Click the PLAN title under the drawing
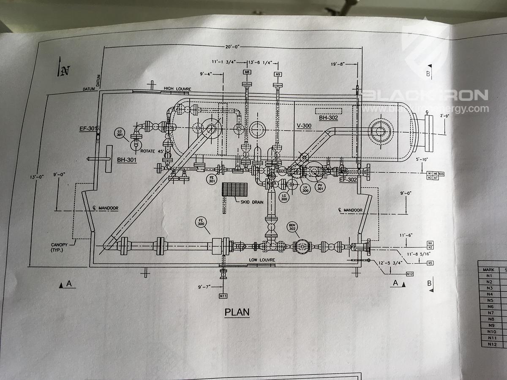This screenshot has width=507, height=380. coord(237,312)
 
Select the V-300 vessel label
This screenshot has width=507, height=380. coord(304,126)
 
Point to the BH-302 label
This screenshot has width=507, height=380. coord(328,118)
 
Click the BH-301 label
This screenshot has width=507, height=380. coord(126,160)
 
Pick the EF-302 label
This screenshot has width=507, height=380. coord(349,179)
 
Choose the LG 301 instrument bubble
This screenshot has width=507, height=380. coord(120,134)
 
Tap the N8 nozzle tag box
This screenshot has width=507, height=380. coord(247,73)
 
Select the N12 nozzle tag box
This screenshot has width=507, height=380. coord(409,274)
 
